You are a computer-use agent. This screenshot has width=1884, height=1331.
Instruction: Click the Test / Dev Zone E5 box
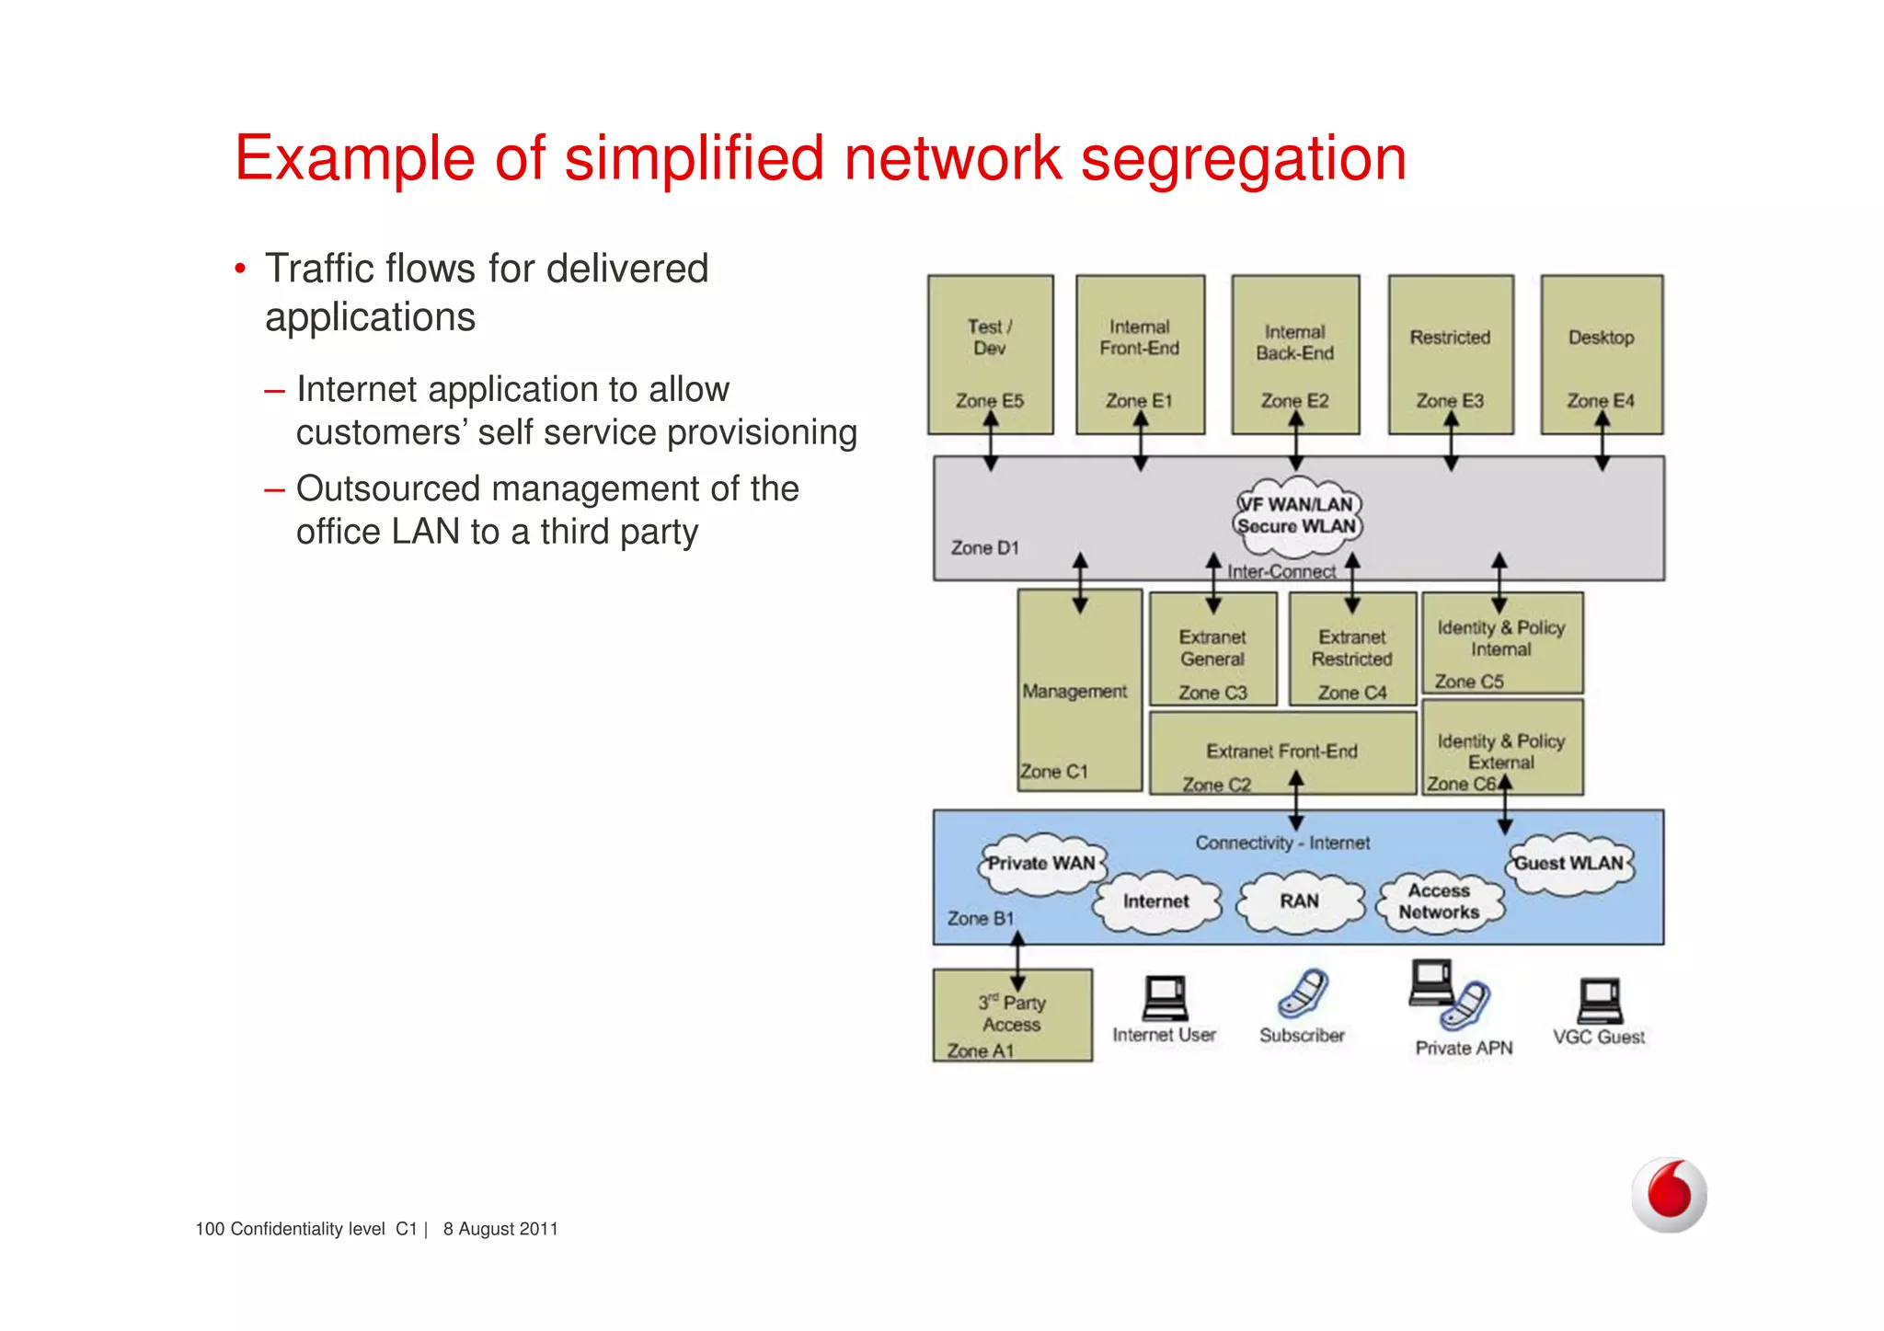point(990,354)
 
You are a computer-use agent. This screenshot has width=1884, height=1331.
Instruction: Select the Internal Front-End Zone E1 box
point(1140,354)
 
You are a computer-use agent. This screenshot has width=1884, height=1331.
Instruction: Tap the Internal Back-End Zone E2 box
point(1295,354)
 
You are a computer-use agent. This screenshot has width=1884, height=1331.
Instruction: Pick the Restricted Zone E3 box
point(1451,354)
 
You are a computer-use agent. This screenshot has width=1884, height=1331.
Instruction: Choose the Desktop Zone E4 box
point(1602,354)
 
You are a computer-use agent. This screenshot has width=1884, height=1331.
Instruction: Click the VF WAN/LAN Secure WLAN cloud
point(1296,516)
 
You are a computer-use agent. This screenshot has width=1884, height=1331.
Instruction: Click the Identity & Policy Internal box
point(1501,643)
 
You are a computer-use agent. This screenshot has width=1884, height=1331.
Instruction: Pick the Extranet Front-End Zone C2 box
point(1281,754)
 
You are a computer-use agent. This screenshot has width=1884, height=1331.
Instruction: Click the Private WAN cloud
point(1041,864)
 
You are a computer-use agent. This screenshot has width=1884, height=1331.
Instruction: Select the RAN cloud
point(1299,901)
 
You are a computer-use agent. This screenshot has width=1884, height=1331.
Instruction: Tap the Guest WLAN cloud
point(1569,864)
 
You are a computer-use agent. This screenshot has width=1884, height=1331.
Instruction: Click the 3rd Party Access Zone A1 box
point(1012,1015)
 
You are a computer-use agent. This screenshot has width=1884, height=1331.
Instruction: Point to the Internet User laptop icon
point(1165,999)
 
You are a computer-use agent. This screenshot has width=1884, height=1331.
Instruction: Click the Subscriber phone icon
point(1303,993)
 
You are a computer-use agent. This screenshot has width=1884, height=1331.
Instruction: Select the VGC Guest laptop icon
point(1600,1001)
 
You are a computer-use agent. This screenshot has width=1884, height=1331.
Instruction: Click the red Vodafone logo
point(1670,1195)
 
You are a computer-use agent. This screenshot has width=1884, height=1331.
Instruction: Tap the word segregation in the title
point(1243,159)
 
